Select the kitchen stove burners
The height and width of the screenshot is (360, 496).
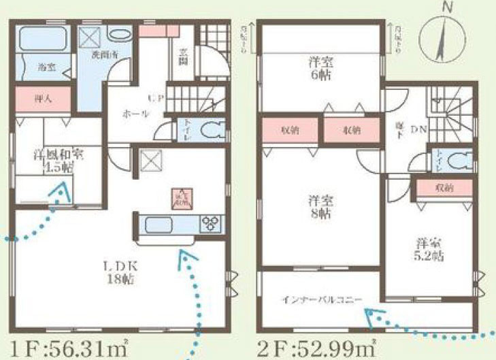(210, 223)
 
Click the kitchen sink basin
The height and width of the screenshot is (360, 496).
(162, 224)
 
